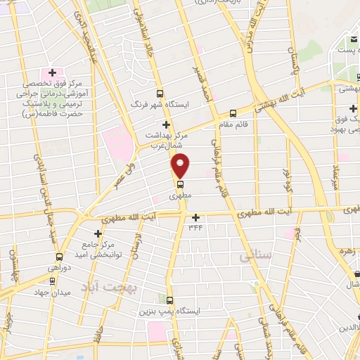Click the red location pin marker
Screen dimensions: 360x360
click(181, 165)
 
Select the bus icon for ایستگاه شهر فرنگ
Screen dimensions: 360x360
click(160, 93)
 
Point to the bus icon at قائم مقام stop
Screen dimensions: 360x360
click(233, 114)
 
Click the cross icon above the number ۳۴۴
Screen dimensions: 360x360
click(195, 217)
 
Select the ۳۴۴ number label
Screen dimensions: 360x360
click(195, 227)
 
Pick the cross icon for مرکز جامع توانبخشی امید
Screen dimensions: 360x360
click(98, 233)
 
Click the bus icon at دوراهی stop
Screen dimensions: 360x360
click(59, 257)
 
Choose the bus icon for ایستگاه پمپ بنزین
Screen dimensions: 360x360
click(169, 300)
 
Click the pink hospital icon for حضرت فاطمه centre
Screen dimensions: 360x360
click(51, 73)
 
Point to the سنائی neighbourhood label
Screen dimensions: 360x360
click(255, 256)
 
